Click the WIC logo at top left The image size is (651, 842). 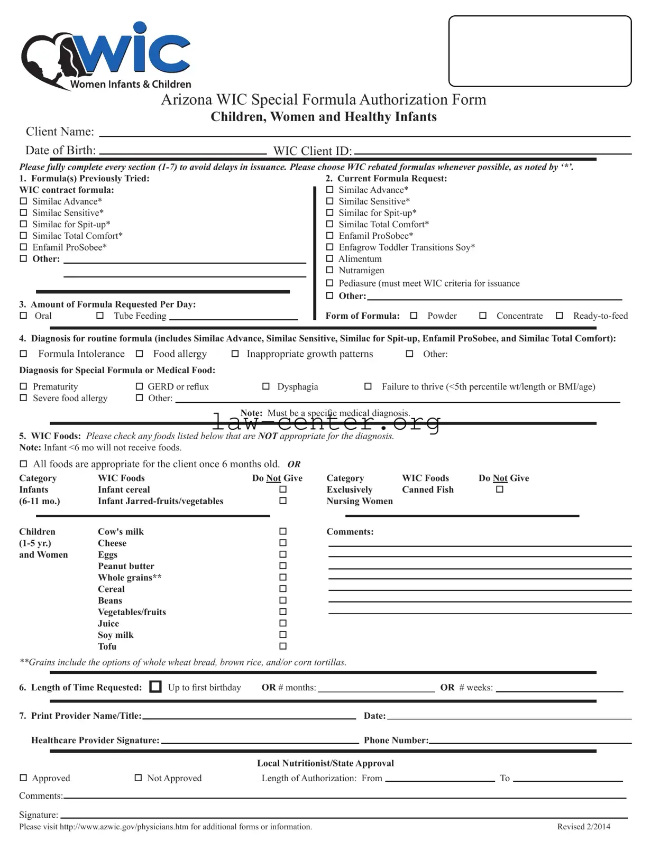(x=106, y=55)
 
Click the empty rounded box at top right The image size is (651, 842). (x=539, y=51)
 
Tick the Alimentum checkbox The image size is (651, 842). (x=330, y=258)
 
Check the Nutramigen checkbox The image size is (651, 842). (x=330, y=270)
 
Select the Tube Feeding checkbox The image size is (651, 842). (x=100, y=316)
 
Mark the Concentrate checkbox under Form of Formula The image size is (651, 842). (x=483, y=316)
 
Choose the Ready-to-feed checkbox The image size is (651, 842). (x=560, y=316)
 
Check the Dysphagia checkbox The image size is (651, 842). (x=266, y=386)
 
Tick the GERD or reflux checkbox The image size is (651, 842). (x=140, y=386)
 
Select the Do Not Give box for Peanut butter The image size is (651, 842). (x=283, y=566)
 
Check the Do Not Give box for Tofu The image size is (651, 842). (x=283, y=646)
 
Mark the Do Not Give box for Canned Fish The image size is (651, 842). (x=500, y=489)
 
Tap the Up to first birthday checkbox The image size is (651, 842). (x=155, y=687)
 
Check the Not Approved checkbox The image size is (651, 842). (x=139, y=778)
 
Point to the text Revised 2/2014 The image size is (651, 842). (x=583, y=827)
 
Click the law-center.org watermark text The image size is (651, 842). (x=326, y=422)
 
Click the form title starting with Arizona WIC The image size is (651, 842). (x=323, y=99)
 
